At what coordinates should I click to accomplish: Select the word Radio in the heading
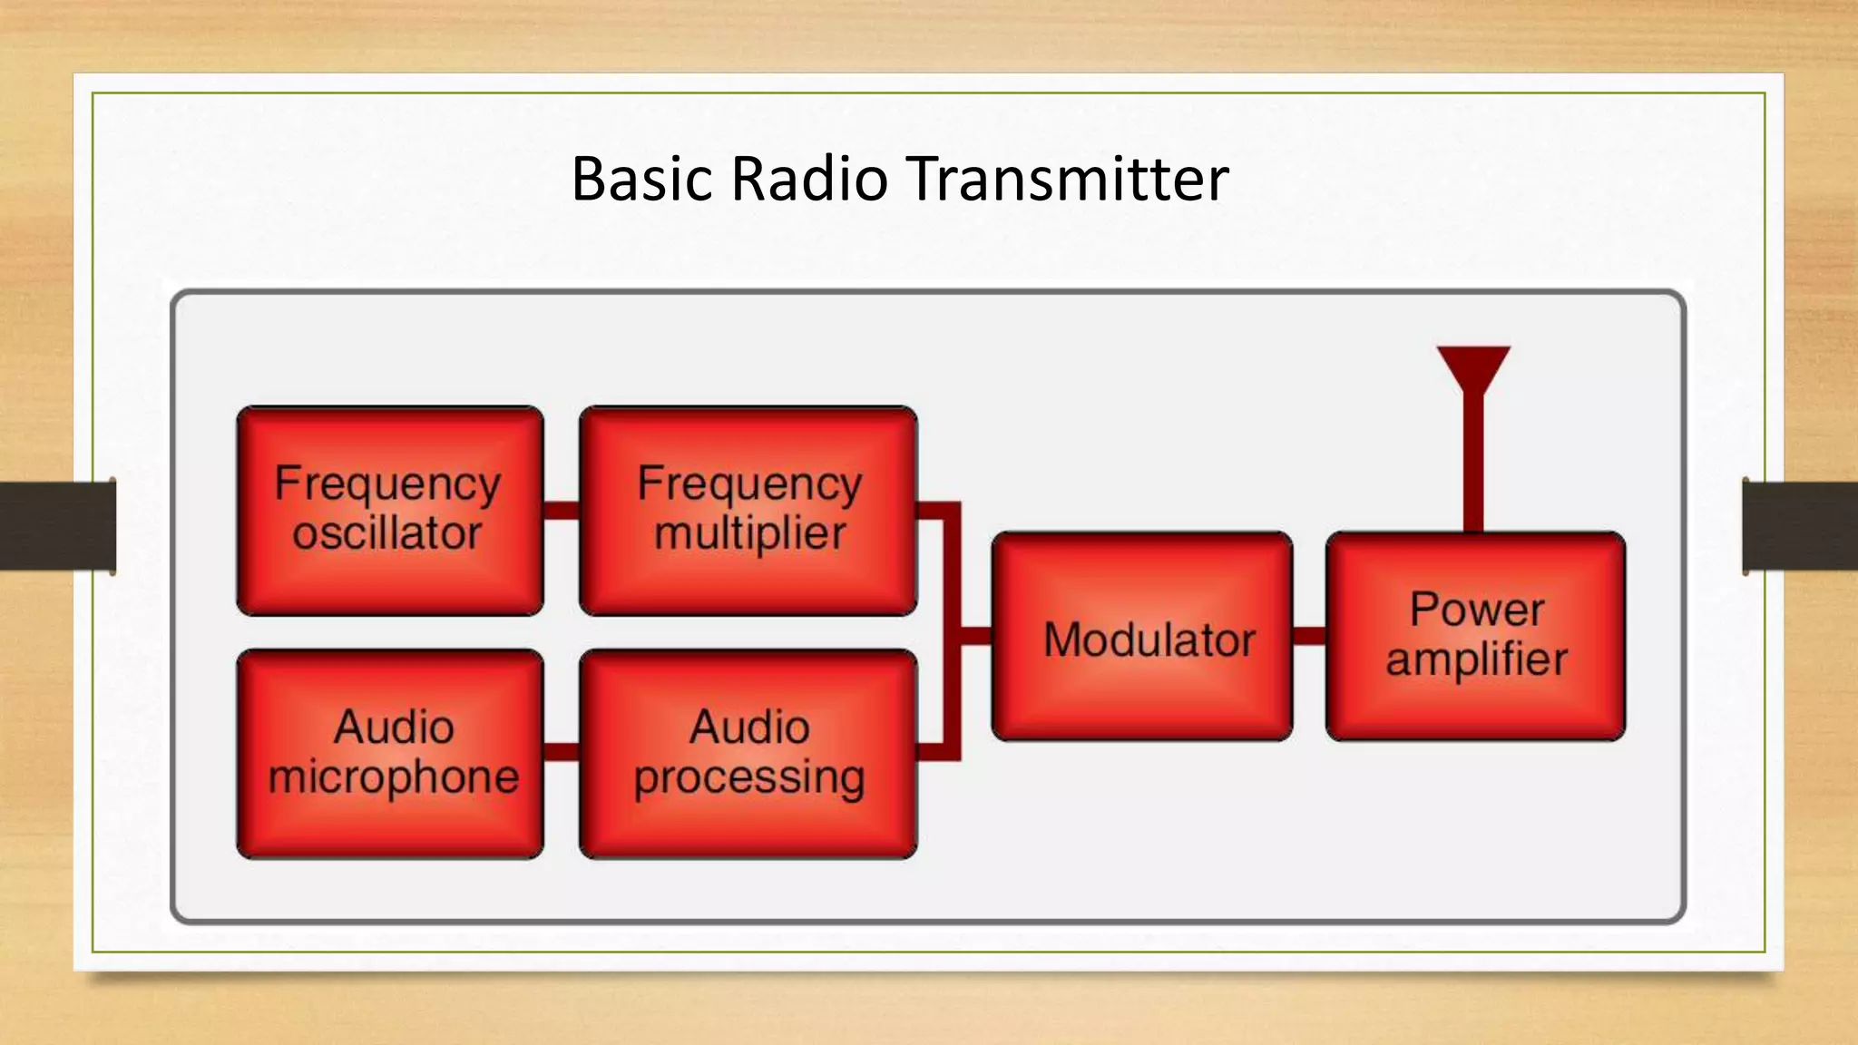tap(809, 179)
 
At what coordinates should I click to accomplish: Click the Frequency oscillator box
tap(390, 511)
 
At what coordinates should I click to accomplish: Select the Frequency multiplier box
tap(748, 511)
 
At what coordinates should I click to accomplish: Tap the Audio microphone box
tap(390, 754)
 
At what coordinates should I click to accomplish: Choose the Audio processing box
tap(748, 754)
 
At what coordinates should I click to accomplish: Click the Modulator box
tap(1142, 637)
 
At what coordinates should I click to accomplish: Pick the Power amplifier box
tap(1475, 637)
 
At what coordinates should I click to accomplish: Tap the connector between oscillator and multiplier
tap(562, 511)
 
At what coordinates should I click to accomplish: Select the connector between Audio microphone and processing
tap(562, 752)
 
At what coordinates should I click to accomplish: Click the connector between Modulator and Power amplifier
tap(1309, 636)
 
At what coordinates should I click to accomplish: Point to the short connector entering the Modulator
tap(976, 636)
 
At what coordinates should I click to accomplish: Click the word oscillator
tap(386, 534)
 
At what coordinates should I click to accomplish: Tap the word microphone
tap(393, 777)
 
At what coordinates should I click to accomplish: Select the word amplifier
tap(1476, 659)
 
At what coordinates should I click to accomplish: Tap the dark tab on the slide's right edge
tap(1800, 526)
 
